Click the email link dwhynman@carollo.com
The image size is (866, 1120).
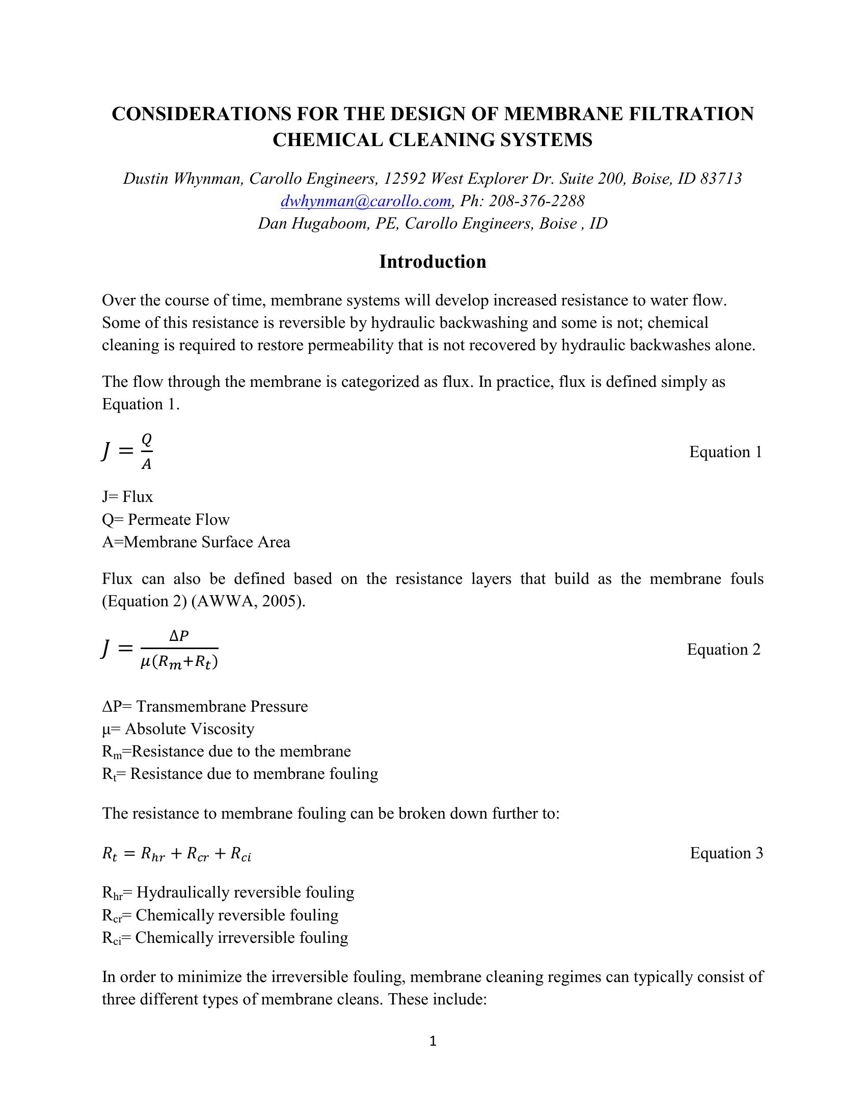coord(366,201)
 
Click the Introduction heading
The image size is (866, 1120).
coord(432,262)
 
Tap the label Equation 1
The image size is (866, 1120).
coord(725,452)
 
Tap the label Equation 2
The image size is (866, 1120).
coord(723,649)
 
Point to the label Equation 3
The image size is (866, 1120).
coord(726,853)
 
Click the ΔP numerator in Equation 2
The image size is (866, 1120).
coord(179,636)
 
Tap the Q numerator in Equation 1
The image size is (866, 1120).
coord(147,439)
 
